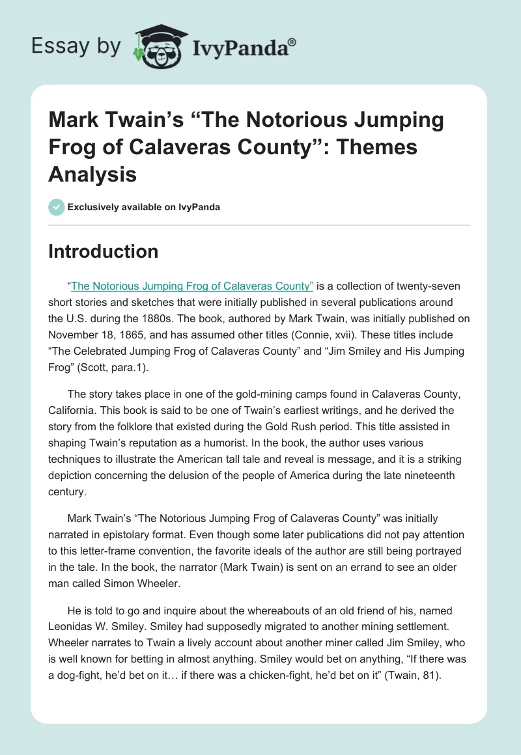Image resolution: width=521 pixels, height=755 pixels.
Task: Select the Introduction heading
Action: pos(103,251)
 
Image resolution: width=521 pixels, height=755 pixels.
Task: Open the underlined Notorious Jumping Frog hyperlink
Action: pos(192,286)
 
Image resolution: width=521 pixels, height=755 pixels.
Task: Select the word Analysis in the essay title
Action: pos(92,174)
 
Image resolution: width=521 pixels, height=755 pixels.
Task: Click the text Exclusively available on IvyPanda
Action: pos(143,207)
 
